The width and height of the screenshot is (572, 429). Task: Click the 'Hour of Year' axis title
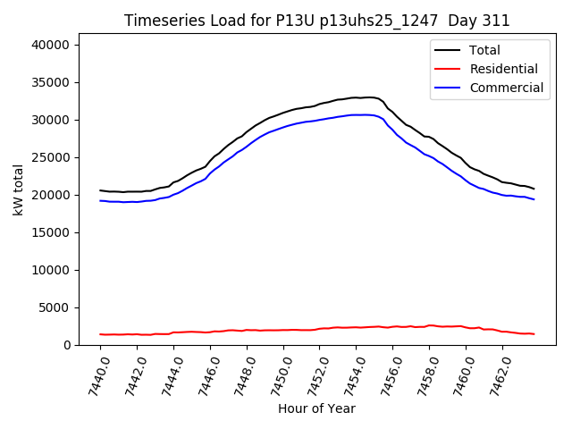tap(316, 408)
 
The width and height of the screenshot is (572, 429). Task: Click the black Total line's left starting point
tap(100, 190)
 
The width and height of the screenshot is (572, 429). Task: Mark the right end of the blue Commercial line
tap(534, 199)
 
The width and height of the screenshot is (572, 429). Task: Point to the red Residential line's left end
tap(100, 334)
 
